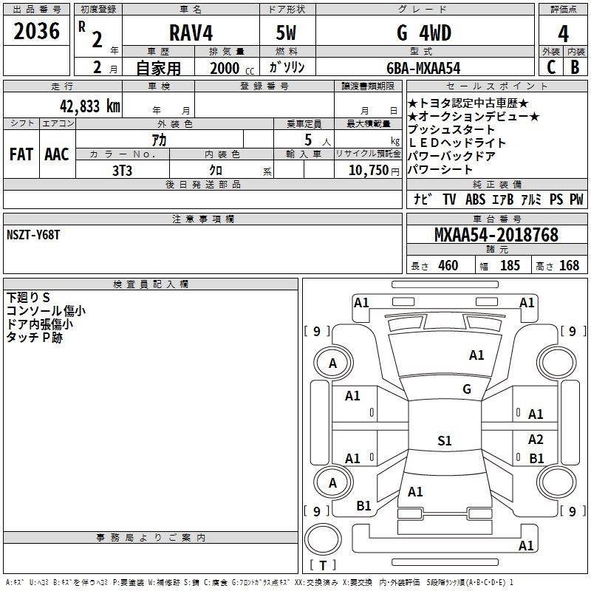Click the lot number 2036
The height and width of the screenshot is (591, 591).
click(x=36, y=31)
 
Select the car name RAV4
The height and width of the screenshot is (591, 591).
click(x=191, y=33)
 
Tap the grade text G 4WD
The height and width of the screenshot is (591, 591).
click(x=424, y=33)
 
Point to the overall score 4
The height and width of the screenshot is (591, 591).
click(x=563, y=33)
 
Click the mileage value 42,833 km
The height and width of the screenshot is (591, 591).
click(x=90, y=106)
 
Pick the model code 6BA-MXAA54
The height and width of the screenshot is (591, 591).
click(x=423, y=68)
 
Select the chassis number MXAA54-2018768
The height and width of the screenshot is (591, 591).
click(x=496, y=235)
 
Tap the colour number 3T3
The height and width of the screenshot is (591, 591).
click(x=122, y=171)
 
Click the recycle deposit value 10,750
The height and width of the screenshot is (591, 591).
click(x=368, y=170)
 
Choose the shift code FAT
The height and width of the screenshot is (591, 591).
click(x=21, y=154)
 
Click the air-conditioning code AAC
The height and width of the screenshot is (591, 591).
click(x=57, y=154)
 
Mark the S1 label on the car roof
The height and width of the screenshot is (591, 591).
click(x=445, y=440)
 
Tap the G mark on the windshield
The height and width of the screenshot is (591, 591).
click(x=467, y=389)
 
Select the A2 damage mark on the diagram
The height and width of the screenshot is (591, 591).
click(x=536, y=439)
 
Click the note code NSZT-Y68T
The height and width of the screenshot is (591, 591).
click(x=33, y=235)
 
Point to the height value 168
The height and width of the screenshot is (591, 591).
click(x=569, y=265)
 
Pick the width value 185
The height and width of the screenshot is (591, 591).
click(x=510, y=265)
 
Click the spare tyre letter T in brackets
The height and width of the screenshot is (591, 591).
click(x=323, y=565)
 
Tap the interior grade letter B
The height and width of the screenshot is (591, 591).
click(x=575, y=67)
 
